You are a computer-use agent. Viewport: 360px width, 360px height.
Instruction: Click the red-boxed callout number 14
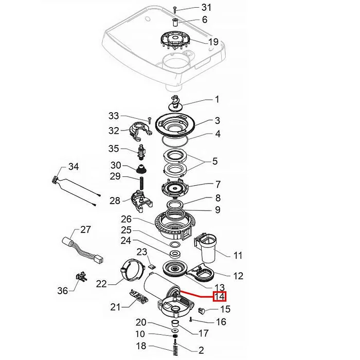pos(220,296)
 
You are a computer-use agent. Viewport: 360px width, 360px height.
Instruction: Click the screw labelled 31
pos(175,9)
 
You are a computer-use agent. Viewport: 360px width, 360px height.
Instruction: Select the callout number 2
pos(201,351)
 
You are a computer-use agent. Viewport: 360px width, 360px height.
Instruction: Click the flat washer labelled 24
pos(174,254)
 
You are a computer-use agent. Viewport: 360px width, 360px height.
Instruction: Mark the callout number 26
pos(126,218)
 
